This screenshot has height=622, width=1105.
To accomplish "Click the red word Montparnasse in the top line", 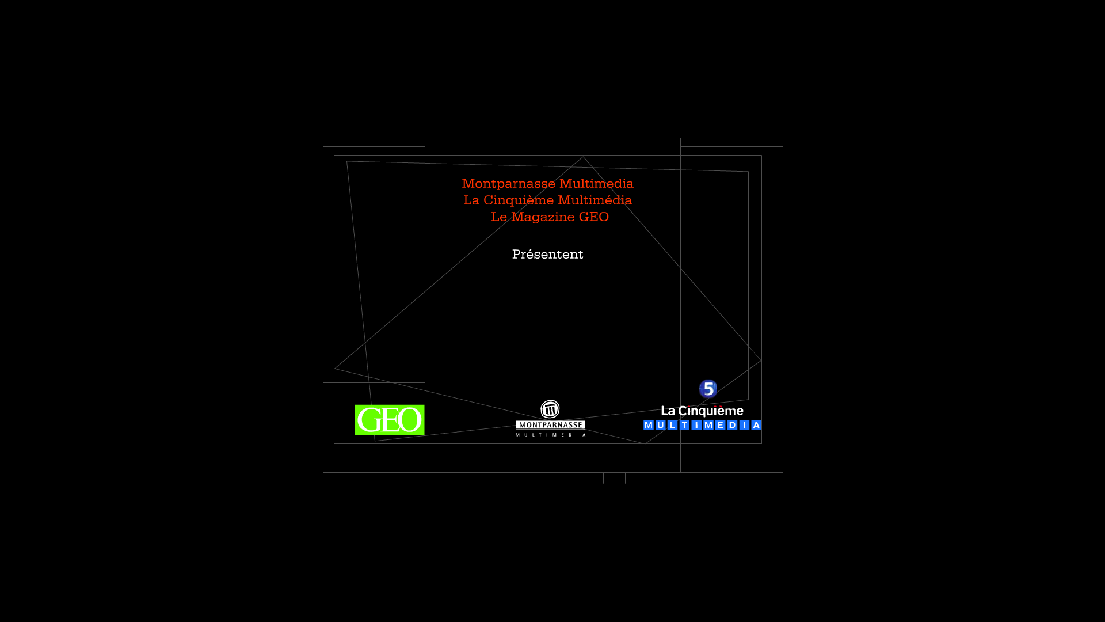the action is pyautogui.click(x=509, y=184).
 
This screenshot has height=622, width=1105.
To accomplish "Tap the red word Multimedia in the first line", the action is pyautogui.click(x=596, y=183).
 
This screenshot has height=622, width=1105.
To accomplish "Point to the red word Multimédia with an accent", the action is pyautogui.click(x=595, y=200).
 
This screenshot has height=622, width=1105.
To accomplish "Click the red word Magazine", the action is pyautogui.click(x=543, y=217).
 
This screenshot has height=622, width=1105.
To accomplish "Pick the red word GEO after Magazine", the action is pyautogui.click(x=594, y=217).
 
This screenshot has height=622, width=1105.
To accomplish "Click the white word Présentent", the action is pyautogui.click(x=548, y=254).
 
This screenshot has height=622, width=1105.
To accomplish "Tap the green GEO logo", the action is pyautogui.click(x=390, y=420).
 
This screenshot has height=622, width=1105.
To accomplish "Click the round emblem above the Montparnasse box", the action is pyautogui.click(x=550, y=409).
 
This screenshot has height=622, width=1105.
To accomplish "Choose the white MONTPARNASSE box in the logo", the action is pyautogui.click(x=550, y=425).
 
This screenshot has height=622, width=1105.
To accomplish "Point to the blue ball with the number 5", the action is pyautogui.click(x=708, y=389).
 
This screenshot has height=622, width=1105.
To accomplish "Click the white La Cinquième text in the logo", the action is pyautogui.click(x=702, y=411).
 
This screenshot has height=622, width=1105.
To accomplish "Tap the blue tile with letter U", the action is pyautogui.click(x=660, y=425).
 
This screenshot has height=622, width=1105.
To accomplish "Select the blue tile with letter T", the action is pyautogui.click(x=684, y=425).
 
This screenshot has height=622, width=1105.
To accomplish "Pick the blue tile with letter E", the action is pyautogui.click(x=720, y=425).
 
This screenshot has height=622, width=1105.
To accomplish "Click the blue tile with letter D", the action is pyautogui.click(x=732, y=425).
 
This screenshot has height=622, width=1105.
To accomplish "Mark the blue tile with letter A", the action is pyautogui.click(x=756, y=425).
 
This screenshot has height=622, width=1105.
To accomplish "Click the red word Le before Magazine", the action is pyautogui.click(x=499, y=217).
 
